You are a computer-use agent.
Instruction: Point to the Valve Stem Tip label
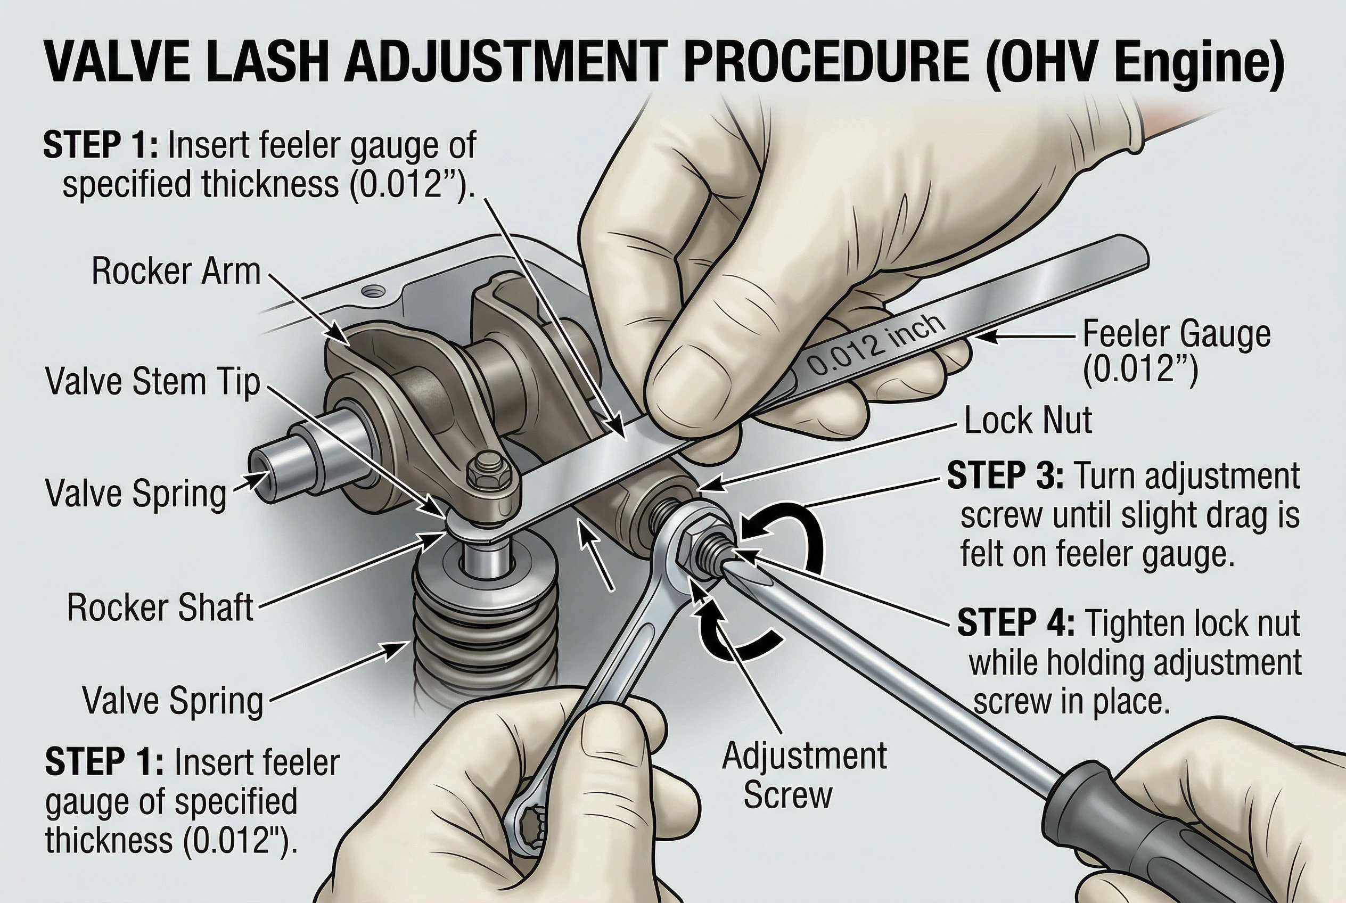[x=153, y=382]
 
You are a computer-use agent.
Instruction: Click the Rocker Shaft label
[x=160, y=607]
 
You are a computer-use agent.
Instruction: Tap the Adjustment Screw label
[x=805, y=775]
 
